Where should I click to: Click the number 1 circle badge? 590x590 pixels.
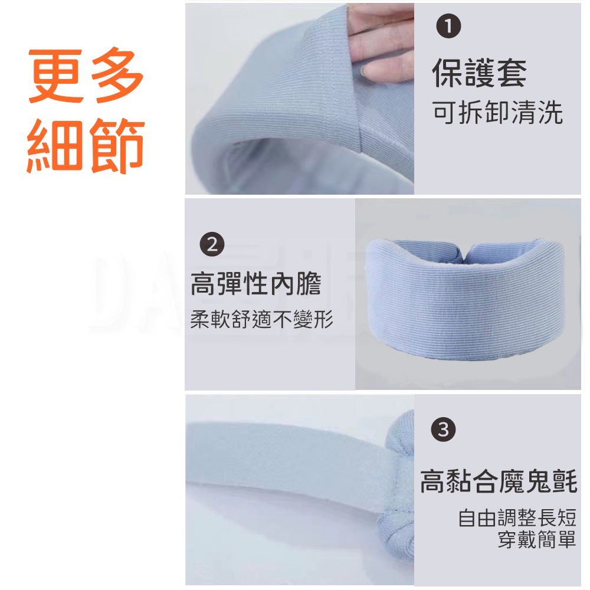(448, 26)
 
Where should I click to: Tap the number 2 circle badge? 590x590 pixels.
(212, 244)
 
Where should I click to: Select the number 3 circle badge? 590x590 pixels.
(443, 430)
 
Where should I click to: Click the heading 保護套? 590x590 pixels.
(479, 73)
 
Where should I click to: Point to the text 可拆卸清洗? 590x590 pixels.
(497, 112)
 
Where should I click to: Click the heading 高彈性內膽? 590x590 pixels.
(256, 284)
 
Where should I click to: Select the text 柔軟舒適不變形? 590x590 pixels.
(261, 319)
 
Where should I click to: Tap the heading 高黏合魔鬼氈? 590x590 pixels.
(499, 481)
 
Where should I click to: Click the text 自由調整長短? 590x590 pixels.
(517, 517)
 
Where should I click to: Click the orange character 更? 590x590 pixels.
(57, 76)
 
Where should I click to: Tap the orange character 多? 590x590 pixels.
(117, 76)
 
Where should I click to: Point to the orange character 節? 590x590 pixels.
(117, 145)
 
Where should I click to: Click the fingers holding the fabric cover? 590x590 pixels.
(380, 41)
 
